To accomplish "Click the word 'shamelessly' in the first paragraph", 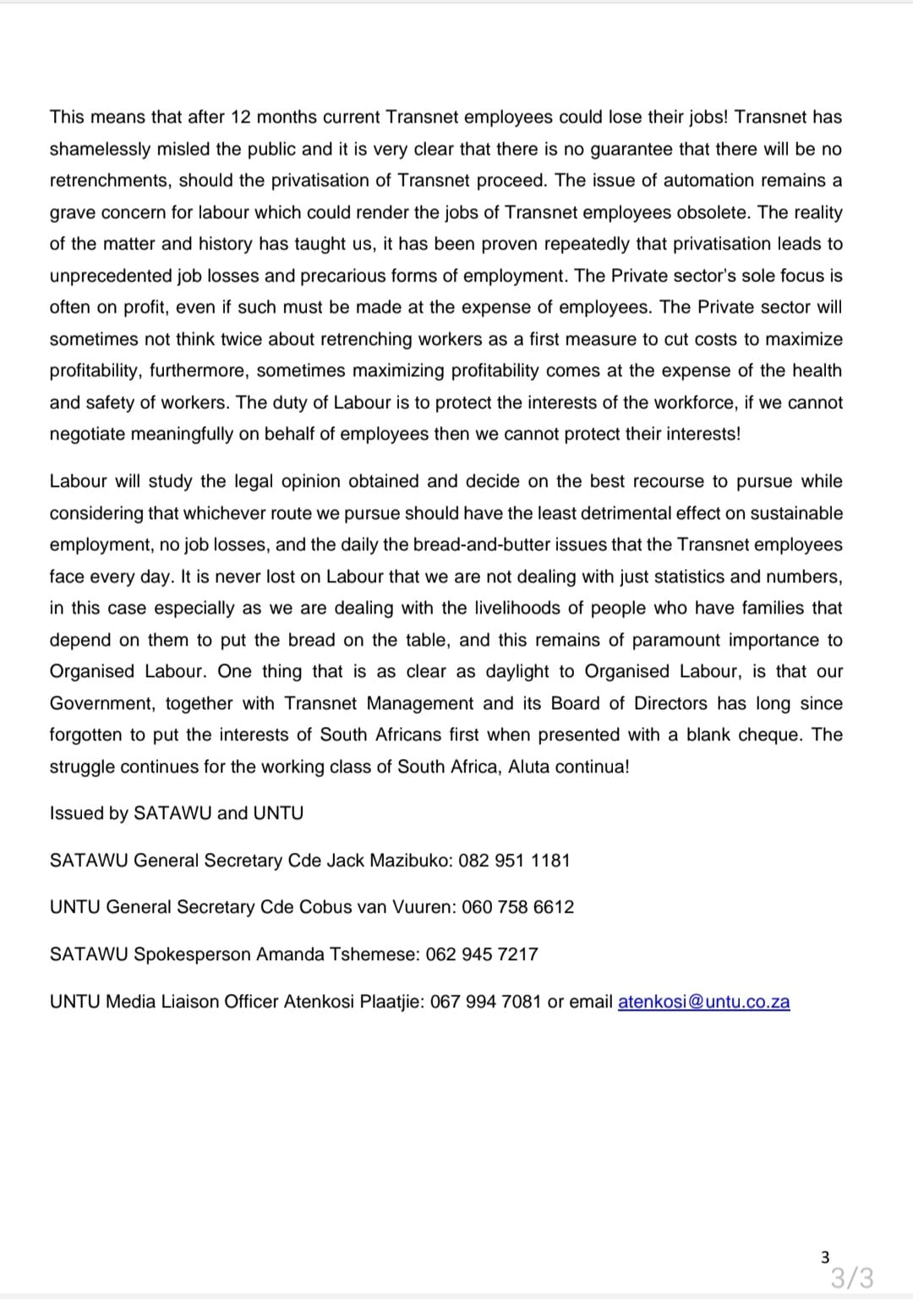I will [x=98, y=149].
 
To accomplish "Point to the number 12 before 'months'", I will [x=241, y=117].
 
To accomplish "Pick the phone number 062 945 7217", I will [x=482, y=954].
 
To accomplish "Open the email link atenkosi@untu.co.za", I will [x=703, y=1002].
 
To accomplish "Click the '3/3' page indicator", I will [x=851, y=1276].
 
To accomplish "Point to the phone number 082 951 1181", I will [x=514, y=860].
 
